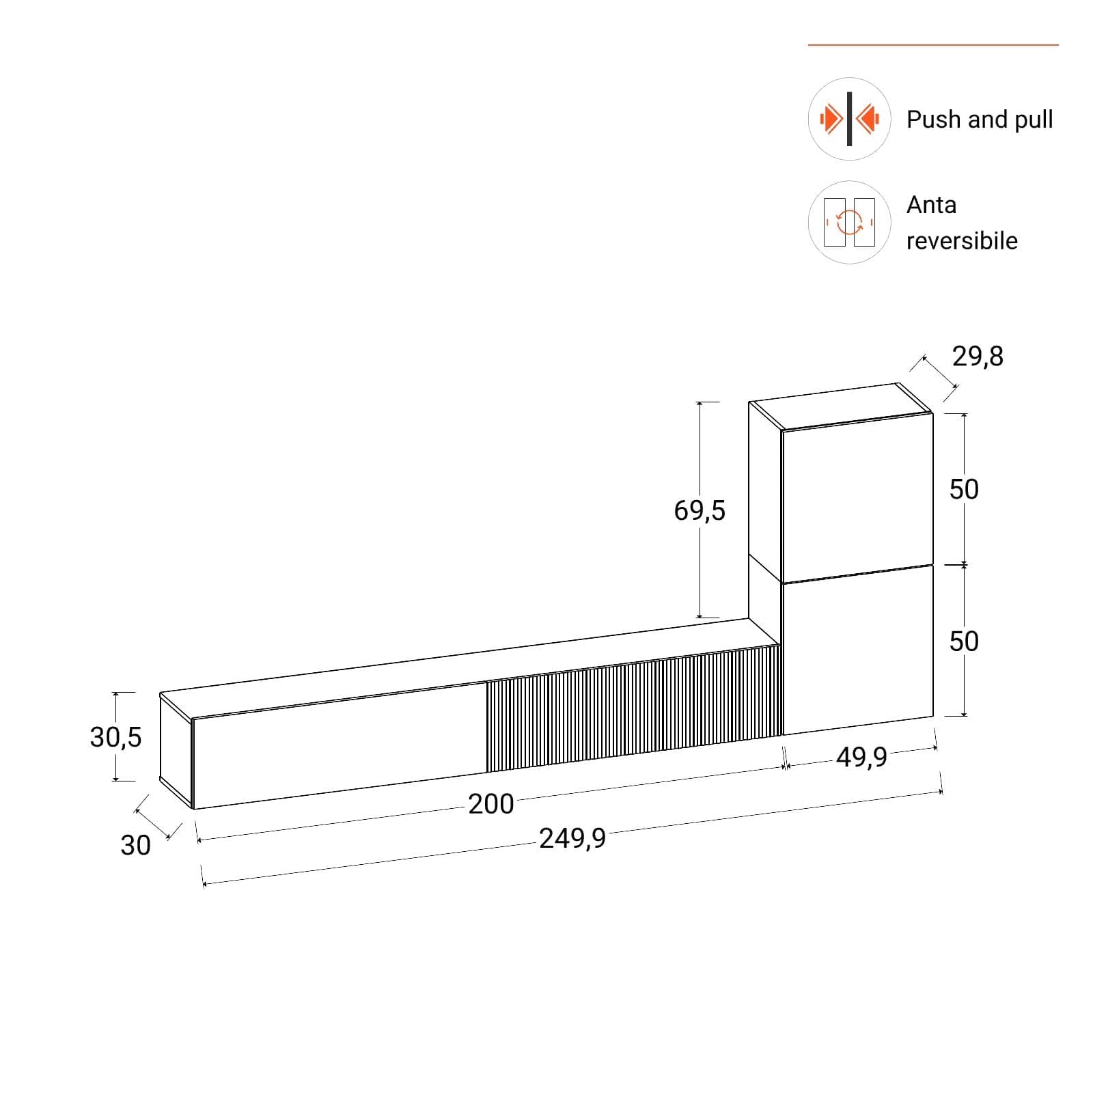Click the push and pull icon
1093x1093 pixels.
coord(849,119)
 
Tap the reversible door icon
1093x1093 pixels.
coord(849,222)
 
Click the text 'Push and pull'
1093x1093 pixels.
coord(979,120)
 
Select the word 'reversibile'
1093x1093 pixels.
coord(962,240)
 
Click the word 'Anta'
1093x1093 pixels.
coord(931,205)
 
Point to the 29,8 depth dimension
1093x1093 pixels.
coord(978,357)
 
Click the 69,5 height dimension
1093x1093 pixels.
coord(700,510)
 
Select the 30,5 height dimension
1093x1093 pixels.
coord(115,737)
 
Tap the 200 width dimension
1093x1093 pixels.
coord(491,804)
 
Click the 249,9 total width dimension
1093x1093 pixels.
coord(572,838)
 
